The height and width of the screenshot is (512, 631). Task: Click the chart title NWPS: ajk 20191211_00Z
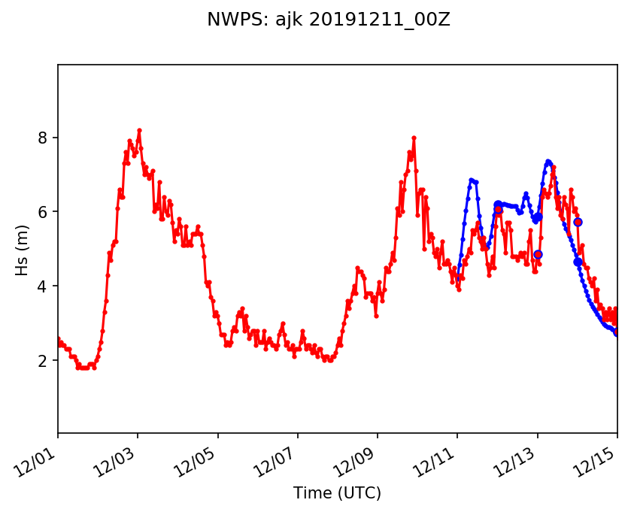(329, 20)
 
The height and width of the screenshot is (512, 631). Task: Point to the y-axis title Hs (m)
(23, 250)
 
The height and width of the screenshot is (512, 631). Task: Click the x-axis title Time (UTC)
(338, 493)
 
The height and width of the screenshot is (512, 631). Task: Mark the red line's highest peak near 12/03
(139, 130)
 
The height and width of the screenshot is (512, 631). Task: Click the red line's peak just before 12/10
(414, 138)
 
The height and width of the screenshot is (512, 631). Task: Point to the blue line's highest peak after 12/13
(548, 161)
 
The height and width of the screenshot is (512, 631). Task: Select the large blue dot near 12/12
(498, 204)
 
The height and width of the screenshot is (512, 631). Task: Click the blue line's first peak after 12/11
(472, 180)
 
